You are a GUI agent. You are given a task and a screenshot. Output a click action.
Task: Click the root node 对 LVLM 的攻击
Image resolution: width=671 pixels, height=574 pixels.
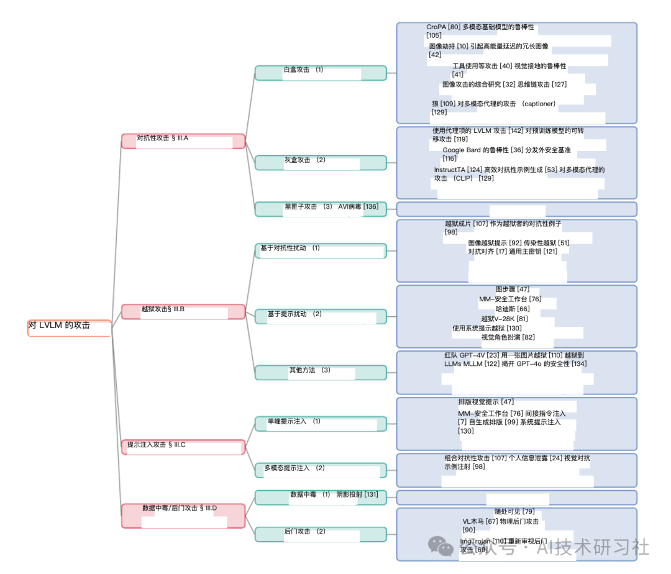pyautogui.click(x=69, y=327)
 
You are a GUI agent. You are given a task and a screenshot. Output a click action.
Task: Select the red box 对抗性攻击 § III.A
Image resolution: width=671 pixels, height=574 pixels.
pyautogui.click(x=183, y=140)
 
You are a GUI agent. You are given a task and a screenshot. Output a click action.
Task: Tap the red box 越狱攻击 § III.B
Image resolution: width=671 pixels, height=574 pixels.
pyautogui.click(x=183, y=311)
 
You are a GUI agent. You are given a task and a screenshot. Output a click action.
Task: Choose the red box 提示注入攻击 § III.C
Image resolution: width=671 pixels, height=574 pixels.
pyautogui.click(x=183, y=447)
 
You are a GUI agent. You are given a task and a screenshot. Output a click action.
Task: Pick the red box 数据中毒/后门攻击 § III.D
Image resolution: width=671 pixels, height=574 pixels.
pyautogui.click(x=183, y=515)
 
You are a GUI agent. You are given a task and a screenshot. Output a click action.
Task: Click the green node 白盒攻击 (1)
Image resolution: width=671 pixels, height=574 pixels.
pyautogui.click(x=321, y=73)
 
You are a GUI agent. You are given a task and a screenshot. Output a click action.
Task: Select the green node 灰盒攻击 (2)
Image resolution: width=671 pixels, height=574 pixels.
pyautogui.click(x=321, y=162)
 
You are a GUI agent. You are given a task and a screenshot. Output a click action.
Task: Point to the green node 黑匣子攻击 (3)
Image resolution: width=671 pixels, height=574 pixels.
pyautogui.click(x=321, y=209)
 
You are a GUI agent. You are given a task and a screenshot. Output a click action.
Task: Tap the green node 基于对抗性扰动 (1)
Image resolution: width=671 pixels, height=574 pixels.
pyautogui.click(x=321, y=250)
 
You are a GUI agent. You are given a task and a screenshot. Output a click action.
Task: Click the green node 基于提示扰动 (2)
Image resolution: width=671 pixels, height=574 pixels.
pyautogui.click(x=321, y=316)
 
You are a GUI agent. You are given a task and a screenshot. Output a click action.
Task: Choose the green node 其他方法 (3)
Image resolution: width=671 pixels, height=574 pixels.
pyautogui.click(x=321, y=372)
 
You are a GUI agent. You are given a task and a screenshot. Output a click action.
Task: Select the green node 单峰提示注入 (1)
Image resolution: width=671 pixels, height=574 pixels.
pyautogui.click(x=321, y=424)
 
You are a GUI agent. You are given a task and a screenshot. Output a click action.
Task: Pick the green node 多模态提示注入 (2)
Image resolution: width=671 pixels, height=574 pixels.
pyautogui.click(x=321, y=470)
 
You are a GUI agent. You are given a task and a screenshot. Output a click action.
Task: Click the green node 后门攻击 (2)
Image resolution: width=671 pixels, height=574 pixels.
pyautogui.click(x=321, y=534)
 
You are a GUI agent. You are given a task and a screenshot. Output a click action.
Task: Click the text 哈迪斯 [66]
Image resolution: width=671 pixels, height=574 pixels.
pyautogui.click(x=513, y=309)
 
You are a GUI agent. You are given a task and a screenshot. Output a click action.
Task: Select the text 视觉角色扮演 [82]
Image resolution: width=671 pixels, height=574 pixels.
pyautogui.click(x=508, y=337)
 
